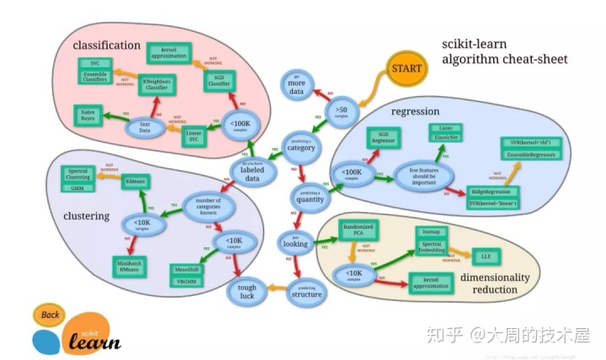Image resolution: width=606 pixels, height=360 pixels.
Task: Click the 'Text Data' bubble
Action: [144, 129]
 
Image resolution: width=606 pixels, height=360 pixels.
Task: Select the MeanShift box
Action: [186, 269]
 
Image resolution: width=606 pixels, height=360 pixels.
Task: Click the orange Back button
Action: [50, 315]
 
